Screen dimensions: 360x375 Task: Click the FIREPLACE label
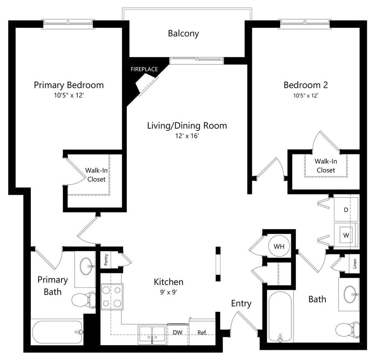144,69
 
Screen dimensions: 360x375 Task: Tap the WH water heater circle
279,246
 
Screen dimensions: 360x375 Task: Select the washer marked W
346,235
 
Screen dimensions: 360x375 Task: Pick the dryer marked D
346,210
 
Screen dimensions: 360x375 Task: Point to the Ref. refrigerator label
202,332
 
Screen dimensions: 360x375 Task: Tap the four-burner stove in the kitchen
111,296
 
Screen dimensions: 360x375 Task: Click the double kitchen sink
152,334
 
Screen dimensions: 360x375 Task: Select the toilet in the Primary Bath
84,300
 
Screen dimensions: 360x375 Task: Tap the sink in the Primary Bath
88,267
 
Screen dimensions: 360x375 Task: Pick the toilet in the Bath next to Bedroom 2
347,329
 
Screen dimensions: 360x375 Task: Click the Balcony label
183,34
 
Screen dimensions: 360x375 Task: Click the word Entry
241,304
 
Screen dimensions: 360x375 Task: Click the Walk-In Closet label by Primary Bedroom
96,175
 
